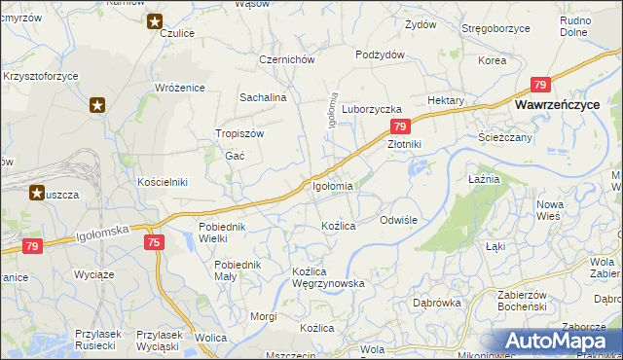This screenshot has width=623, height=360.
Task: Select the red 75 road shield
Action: pyautogui.click(x=153, y=241)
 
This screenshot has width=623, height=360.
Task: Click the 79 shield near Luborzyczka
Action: pyautogui.click(x=400, y=126)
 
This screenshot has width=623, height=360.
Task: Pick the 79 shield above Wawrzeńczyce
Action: pyautogui.click(x=540, y=85)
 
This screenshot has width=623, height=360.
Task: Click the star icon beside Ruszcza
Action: pyautogui.click(x=36, y=193)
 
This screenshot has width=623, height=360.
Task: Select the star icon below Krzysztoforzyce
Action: pyautogui.click(x=96, y=105)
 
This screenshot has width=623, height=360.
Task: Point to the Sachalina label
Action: pyautogui.click(x=263, y=98)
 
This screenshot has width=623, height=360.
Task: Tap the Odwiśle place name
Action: pyautogui.click(x=398, y=220)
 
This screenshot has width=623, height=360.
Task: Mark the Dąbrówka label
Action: pyautogui.click(x=436, y=303)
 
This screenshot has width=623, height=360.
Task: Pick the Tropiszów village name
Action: pyautogui.click(x=239, y=134)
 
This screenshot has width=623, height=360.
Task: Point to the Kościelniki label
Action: pyautogui.click(x=162, y=182)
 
